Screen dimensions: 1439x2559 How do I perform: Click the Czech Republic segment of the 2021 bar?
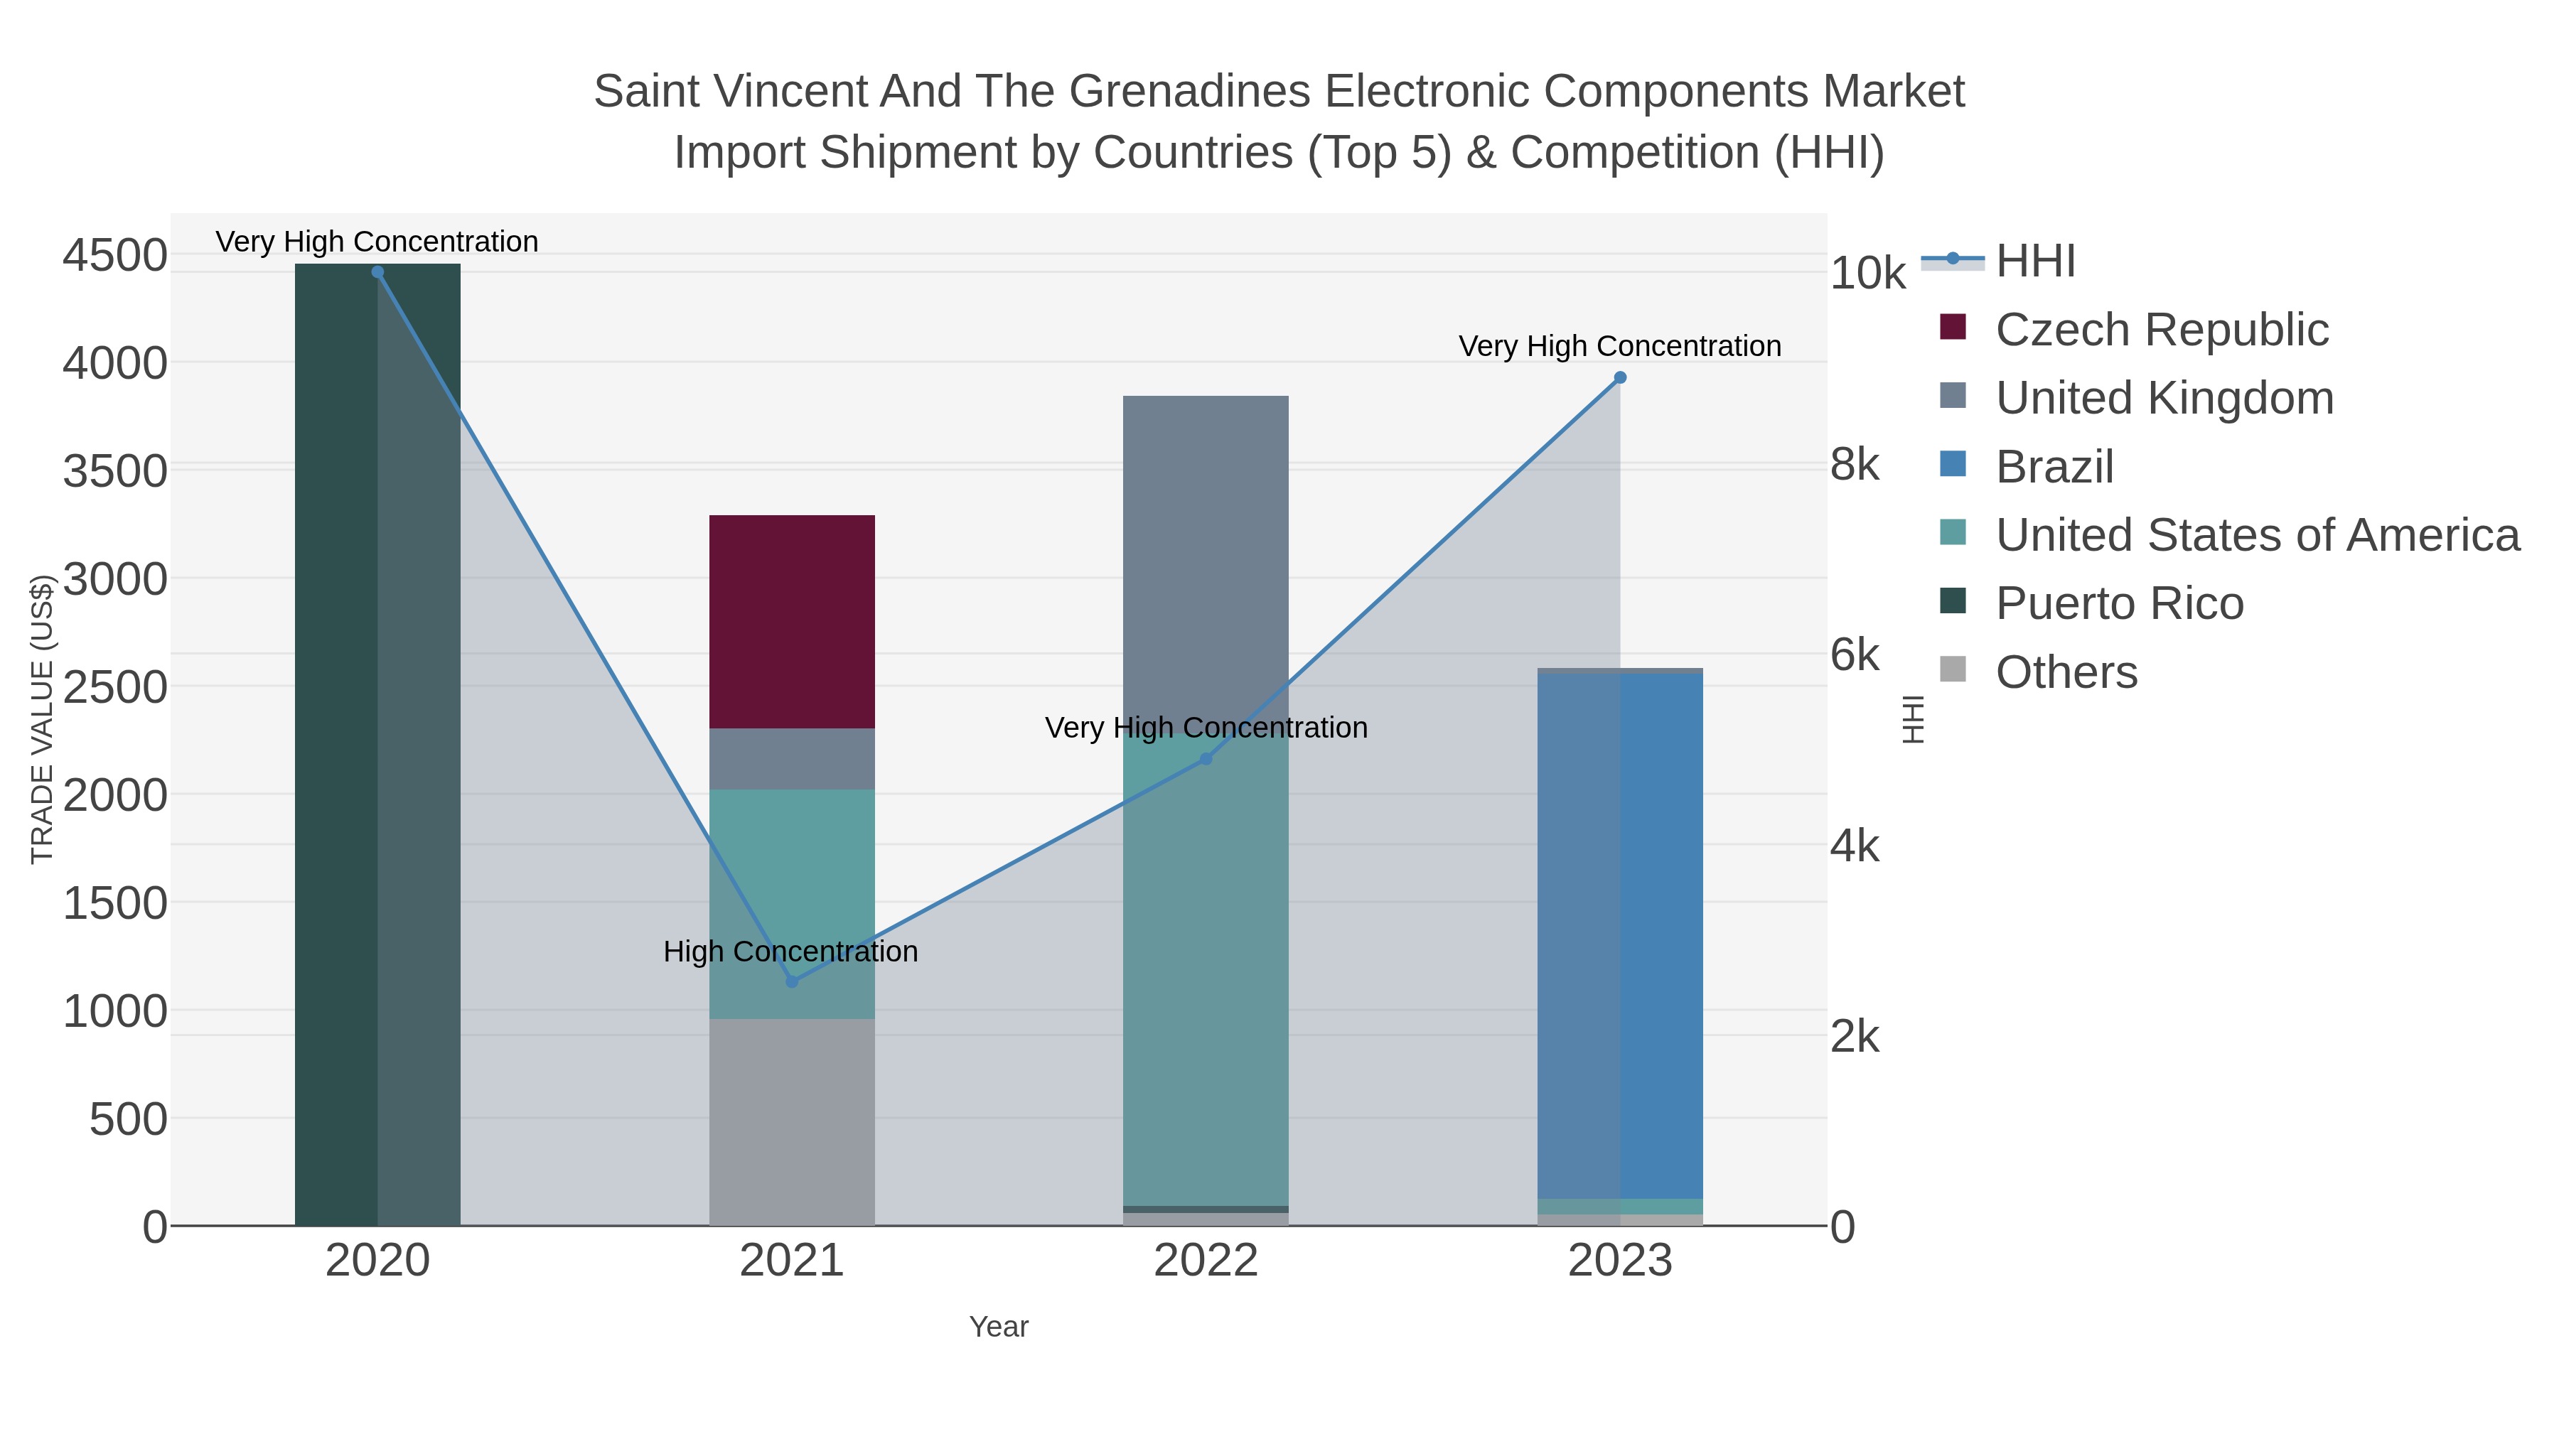(792, 620)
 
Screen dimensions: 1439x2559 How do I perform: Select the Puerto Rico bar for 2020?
(377, 745)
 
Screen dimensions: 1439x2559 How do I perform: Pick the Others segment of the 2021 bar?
(792, 1122)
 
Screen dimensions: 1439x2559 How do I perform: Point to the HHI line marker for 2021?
(792, 982)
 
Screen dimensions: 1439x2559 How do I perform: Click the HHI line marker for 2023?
(1620, 377)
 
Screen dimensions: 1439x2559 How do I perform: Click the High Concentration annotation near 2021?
(790, 952)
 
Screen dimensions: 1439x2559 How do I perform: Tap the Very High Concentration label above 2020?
(377, 242)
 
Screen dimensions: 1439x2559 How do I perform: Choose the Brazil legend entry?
(2054, 467)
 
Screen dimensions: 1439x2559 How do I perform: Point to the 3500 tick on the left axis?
(115, 470)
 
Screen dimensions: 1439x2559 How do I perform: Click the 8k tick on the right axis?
(1855, 465)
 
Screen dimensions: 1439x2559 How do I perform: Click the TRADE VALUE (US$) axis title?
(42, 719)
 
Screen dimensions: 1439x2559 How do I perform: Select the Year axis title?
(999, 1327)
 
